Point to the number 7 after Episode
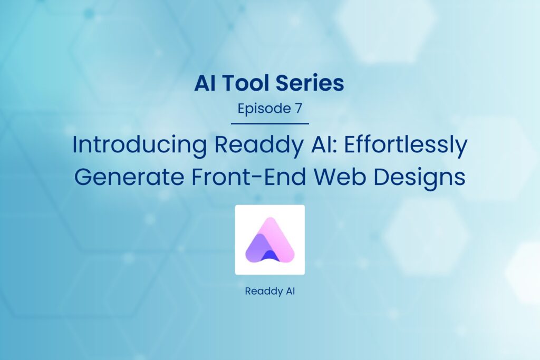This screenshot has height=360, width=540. (298, 109)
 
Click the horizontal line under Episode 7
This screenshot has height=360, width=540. (269, 124)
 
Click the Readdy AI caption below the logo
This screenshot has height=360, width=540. (269, 291)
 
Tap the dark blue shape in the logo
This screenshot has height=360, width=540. (270, 256)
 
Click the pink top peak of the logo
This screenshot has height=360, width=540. (271, 224)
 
